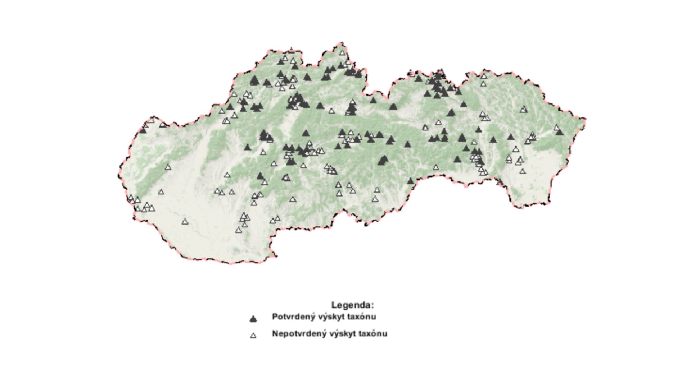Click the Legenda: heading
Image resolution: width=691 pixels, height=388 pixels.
[352, 305]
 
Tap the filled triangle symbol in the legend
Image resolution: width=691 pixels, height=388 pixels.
[253, 319]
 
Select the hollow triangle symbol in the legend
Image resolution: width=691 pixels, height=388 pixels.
[253, 335]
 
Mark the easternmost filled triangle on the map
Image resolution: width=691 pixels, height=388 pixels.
[559, 132]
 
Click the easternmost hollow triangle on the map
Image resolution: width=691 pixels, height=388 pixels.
[557, 127]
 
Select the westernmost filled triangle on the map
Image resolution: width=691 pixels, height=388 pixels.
[143, 130]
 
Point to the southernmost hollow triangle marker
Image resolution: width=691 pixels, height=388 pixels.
[238, 230]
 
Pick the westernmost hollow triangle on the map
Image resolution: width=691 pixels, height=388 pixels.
[131, 198]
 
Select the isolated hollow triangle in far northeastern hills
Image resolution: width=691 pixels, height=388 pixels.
[524, 109]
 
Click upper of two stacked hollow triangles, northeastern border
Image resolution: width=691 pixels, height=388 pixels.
[484, 76]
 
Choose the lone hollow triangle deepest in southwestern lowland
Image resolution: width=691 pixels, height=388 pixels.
[185, 221]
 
